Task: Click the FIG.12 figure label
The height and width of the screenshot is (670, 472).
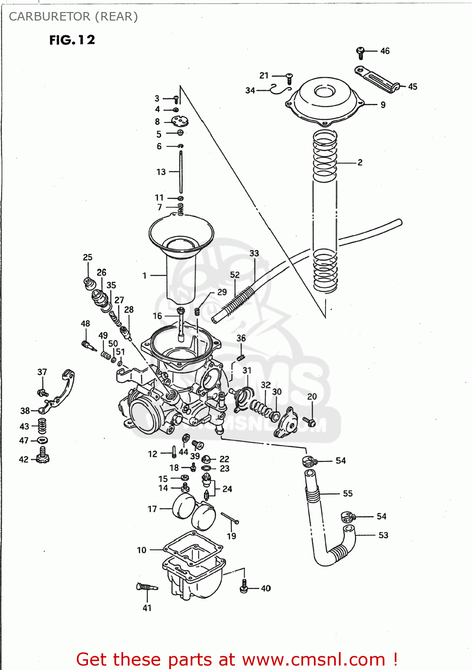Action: tap(72, 40)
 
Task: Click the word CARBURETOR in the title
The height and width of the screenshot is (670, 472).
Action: tap(49, 17)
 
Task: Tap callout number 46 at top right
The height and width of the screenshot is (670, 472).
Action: tap(385, 51)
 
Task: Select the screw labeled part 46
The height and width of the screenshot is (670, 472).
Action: tap(361, 52)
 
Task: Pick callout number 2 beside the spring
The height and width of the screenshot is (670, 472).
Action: tap(360, 163)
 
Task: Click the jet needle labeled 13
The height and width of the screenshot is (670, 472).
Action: tap(181, 172)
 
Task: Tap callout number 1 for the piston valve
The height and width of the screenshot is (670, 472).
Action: tap(144, 276)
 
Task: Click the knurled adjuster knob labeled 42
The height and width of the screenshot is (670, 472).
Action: tap(42, 457)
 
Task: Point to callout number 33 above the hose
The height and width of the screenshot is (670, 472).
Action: tap(254, 253)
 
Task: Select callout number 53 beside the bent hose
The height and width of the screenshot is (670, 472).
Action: tap(383, 535)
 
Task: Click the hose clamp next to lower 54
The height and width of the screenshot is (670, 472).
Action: tap(347, 517)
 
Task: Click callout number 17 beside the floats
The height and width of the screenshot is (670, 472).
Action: tap(152, 509)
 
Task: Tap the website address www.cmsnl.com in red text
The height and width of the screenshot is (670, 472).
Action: tap(313, 659)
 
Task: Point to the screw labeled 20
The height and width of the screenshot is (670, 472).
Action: tap(309, 421)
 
